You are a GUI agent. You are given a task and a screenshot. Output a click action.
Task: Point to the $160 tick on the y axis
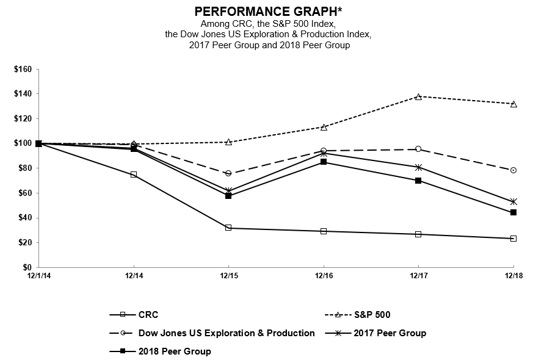tap(23, 69)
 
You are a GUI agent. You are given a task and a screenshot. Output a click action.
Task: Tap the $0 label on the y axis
tap(27, 267)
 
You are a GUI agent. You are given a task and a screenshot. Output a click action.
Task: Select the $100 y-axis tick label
tap(23, 143)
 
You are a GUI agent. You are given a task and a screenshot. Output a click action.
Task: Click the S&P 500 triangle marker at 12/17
tap(418, 96)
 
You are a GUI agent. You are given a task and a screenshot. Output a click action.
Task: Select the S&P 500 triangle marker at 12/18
tap(513, 104)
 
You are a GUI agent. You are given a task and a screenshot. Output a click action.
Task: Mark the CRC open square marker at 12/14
tap(134, 175)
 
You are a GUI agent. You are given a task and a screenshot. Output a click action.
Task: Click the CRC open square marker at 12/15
tap(228, 228)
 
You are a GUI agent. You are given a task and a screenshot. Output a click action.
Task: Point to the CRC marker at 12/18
tap(513, 239)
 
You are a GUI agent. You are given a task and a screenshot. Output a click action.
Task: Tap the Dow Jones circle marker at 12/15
tap(228, 173)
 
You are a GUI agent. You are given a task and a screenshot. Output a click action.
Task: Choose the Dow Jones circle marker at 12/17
tap(418, 149)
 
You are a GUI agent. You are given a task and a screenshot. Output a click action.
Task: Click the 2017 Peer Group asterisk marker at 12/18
tap(513, 201)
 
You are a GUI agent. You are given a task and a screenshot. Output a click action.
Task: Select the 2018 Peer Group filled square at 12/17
tap(418, 181)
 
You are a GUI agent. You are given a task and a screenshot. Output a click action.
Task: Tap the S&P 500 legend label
tap(372, 315)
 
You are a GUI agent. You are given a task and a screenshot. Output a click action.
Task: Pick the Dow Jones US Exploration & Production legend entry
tap(227, 333)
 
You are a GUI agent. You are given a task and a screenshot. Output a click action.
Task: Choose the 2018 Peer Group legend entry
tap(175, 351)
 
